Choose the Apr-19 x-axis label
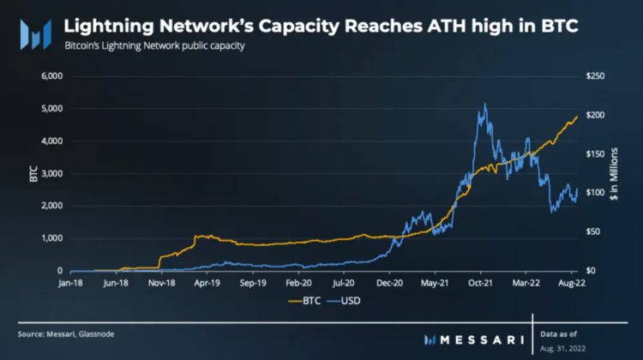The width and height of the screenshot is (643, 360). [208, 281]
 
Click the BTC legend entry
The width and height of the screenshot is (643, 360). [308, 302]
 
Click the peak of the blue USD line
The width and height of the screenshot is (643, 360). [485, 105]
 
